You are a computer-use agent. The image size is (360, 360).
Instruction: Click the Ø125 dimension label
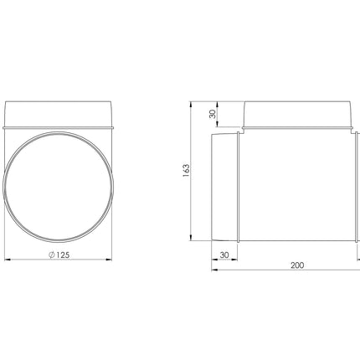click(x=59, y=255)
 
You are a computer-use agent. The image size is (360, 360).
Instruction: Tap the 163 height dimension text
click(x=186, y=170)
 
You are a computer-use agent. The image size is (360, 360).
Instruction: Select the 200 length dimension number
click(x=297, y=265)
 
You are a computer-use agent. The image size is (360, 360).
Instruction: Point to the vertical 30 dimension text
click(x=213, y=114)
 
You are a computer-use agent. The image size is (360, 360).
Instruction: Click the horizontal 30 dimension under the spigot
click(x=224, y=255)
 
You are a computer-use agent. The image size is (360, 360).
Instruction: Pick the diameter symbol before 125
click(x=51, y=255)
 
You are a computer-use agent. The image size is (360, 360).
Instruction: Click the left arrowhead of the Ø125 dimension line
click(x=8, y=260)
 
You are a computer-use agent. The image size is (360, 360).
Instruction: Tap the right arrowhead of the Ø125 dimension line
click(x=109, y=260)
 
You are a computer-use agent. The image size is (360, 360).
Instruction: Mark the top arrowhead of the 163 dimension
click(x=191, y=105)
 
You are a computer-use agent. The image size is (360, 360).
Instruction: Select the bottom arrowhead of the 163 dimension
click(x=191, y=237)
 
